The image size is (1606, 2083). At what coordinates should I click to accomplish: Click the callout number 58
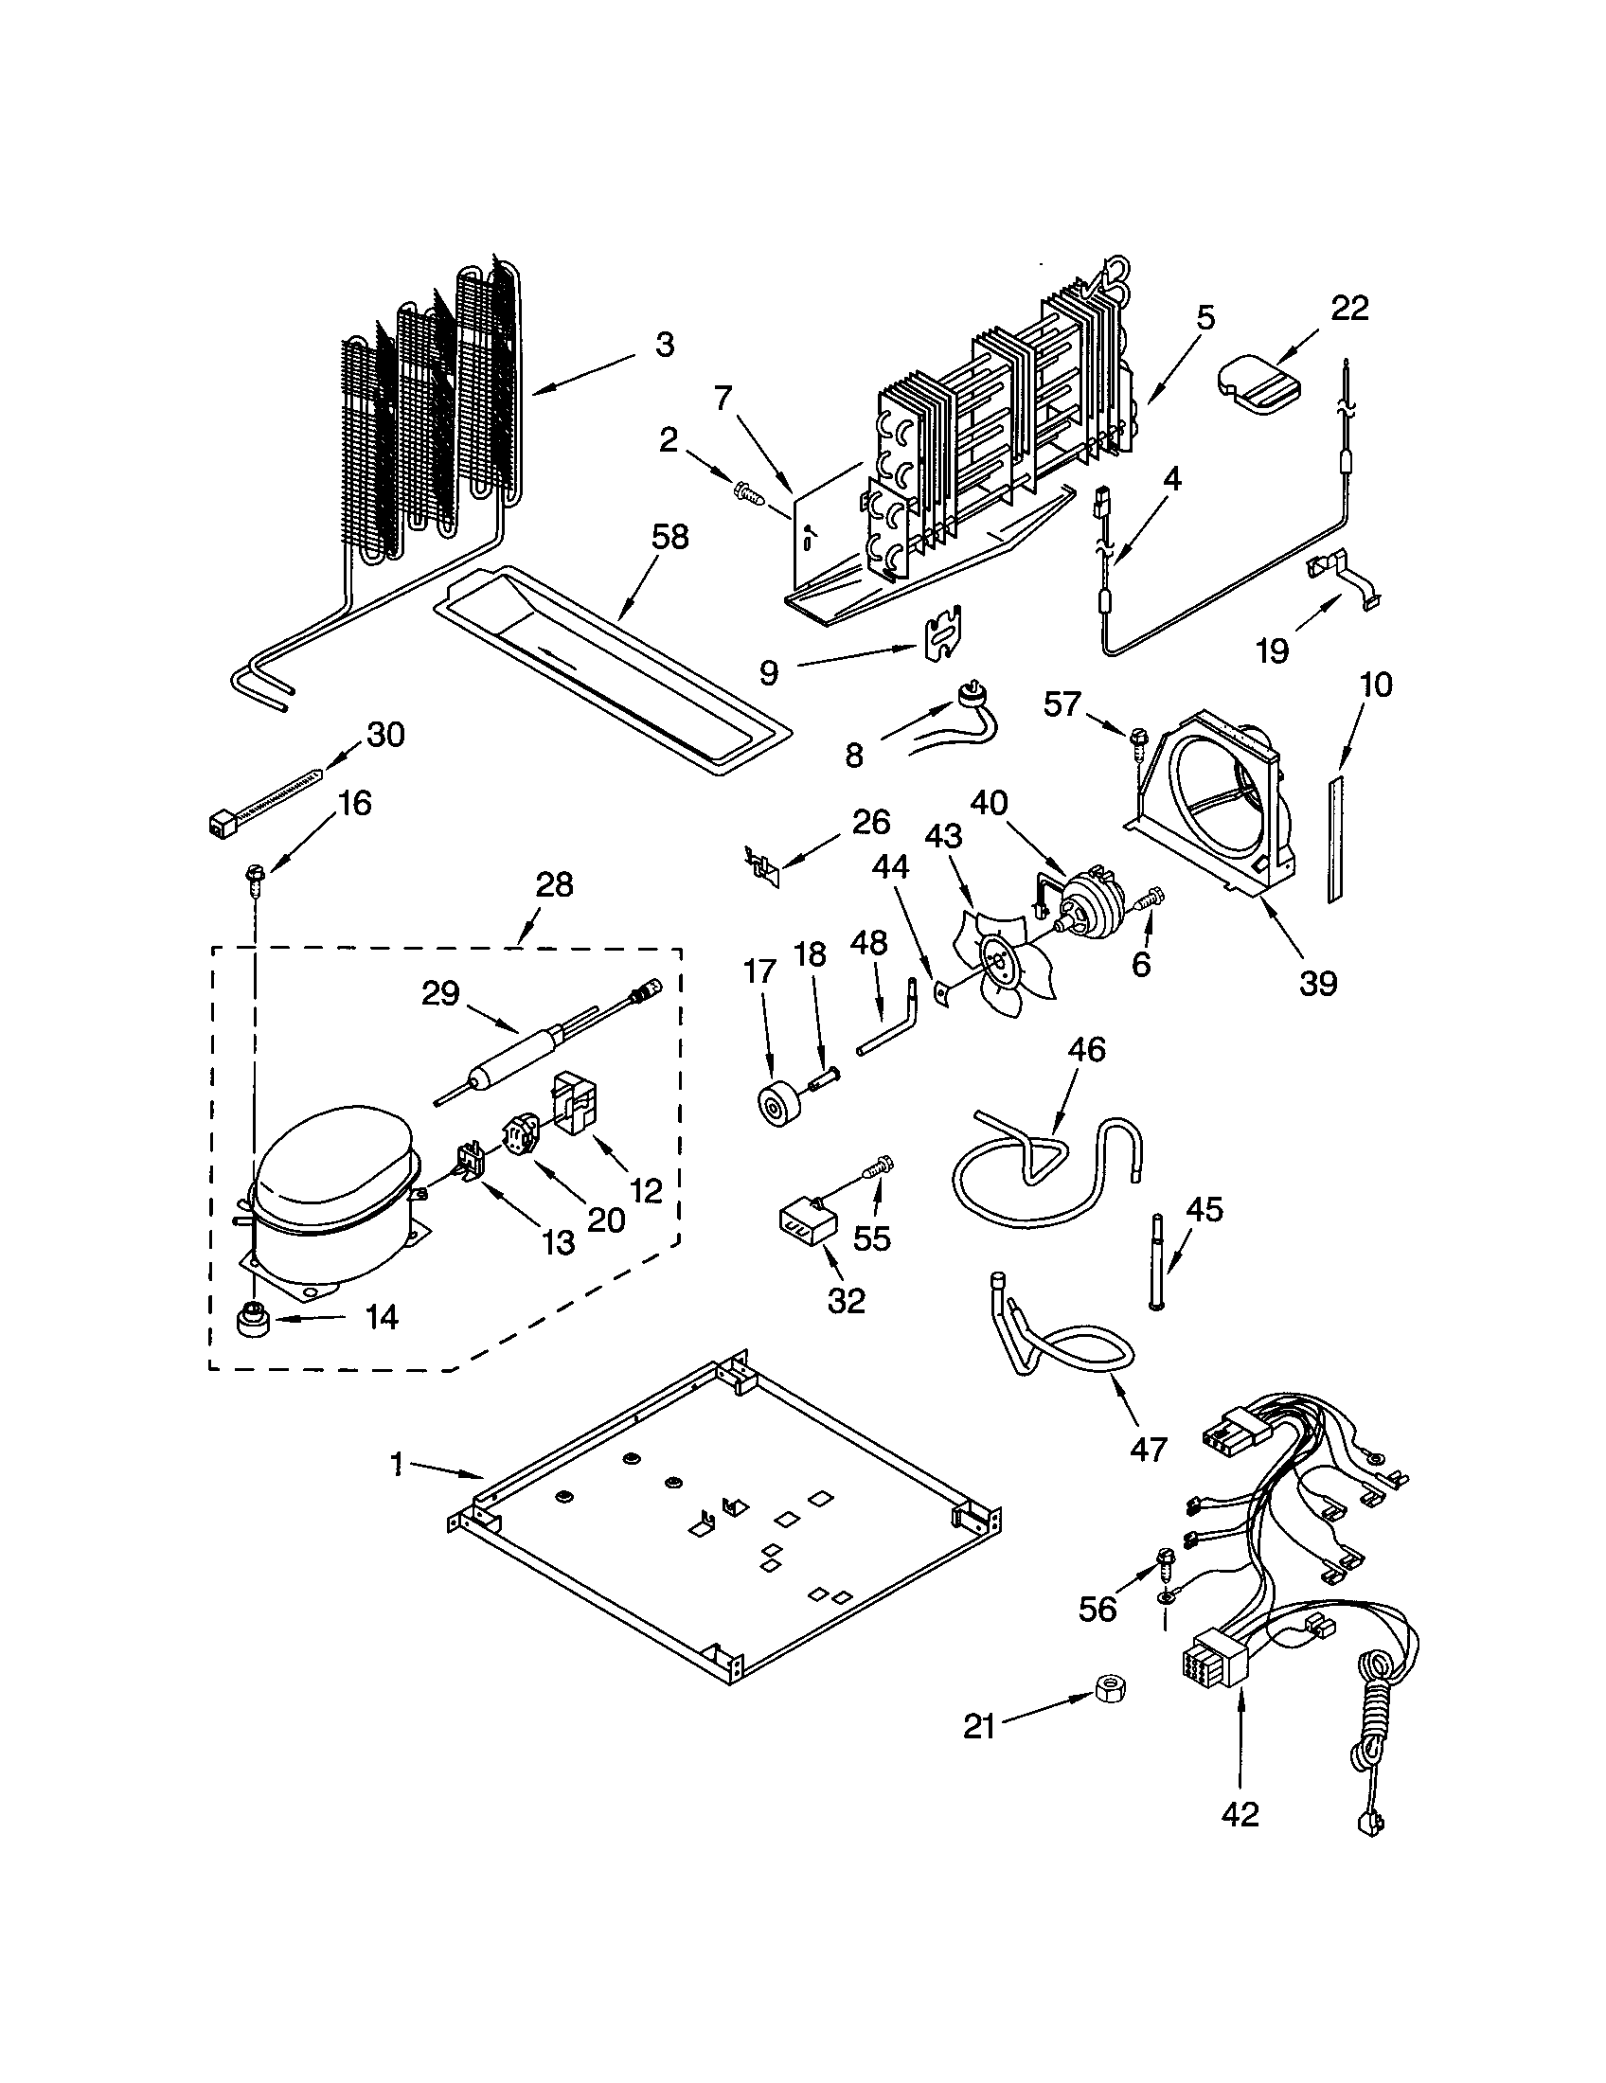point(669,537)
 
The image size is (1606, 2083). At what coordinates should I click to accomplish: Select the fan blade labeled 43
point(1003,963)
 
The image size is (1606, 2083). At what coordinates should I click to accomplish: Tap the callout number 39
point(1318,983)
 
